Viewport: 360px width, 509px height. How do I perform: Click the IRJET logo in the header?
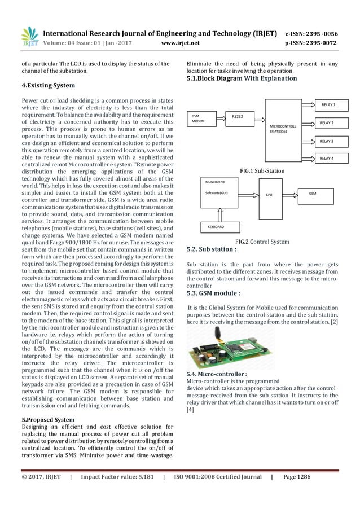[x=29, y=36]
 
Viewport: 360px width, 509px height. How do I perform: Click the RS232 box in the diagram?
[x=238, y=119]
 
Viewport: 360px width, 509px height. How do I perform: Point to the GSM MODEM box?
[x=202, y=119]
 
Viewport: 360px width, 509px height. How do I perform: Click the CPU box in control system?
[x=269, y=195]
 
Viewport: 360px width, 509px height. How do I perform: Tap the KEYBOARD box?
[x=213, y=226]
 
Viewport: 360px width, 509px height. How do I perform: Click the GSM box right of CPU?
[x=314, y=193]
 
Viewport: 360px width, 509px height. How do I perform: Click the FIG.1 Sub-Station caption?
[x=262, y=170]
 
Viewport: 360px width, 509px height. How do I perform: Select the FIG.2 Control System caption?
[x=262, y=242]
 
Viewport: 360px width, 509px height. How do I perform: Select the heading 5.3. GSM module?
[x=213, y=293]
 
